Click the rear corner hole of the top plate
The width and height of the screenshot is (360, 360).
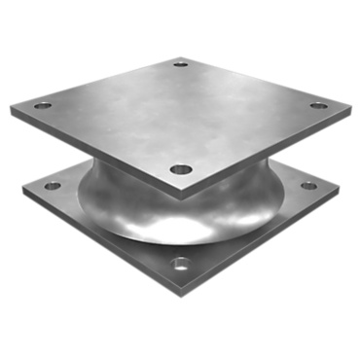click(181, 66)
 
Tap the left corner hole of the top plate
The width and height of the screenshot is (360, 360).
click(42, 105)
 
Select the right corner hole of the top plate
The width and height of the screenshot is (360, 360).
click(318, 105)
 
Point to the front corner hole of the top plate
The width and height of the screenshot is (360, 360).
click(180, 169)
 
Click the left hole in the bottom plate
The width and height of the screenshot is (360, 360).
click(53, 185)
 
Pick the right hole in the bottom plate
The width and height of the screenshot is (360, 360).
click(308, 185)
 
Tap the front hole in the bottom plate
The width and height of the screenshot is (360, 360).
click(181, 263)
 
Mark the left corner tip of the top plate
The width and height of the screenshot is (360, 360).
click(13, 109)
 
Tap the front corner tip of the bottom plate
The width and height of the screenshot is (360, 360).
click(181, 292)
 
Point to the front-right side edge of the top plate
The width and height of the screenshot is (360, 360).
click(265, 154)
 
